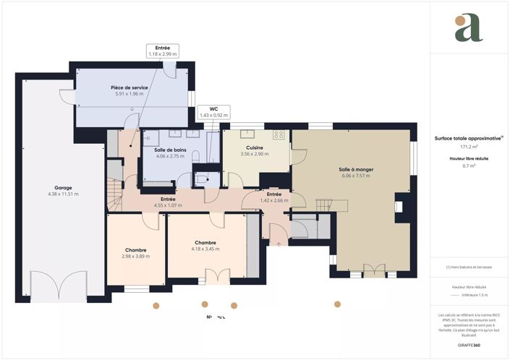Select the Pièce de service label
point(129,87)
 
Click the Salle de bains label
point(171,149)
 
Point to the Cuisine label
point(254,147)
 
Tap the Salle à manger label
point(355,169)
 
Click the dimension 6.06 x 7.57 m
point(355,176)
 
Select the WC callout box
point(213,112)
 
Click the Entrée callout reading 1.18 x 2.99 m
point(163,51)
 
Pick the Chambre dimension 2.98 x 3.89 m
point(136,257)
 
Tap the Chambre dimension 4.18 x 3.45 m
point(205,249)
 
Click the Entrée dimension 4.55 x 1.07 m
point(167,205)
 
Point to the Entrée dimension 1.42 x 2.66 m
point(274,200)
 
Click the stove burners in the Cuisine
point(279,135)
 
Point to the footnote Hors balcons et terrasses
point(469,267)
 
